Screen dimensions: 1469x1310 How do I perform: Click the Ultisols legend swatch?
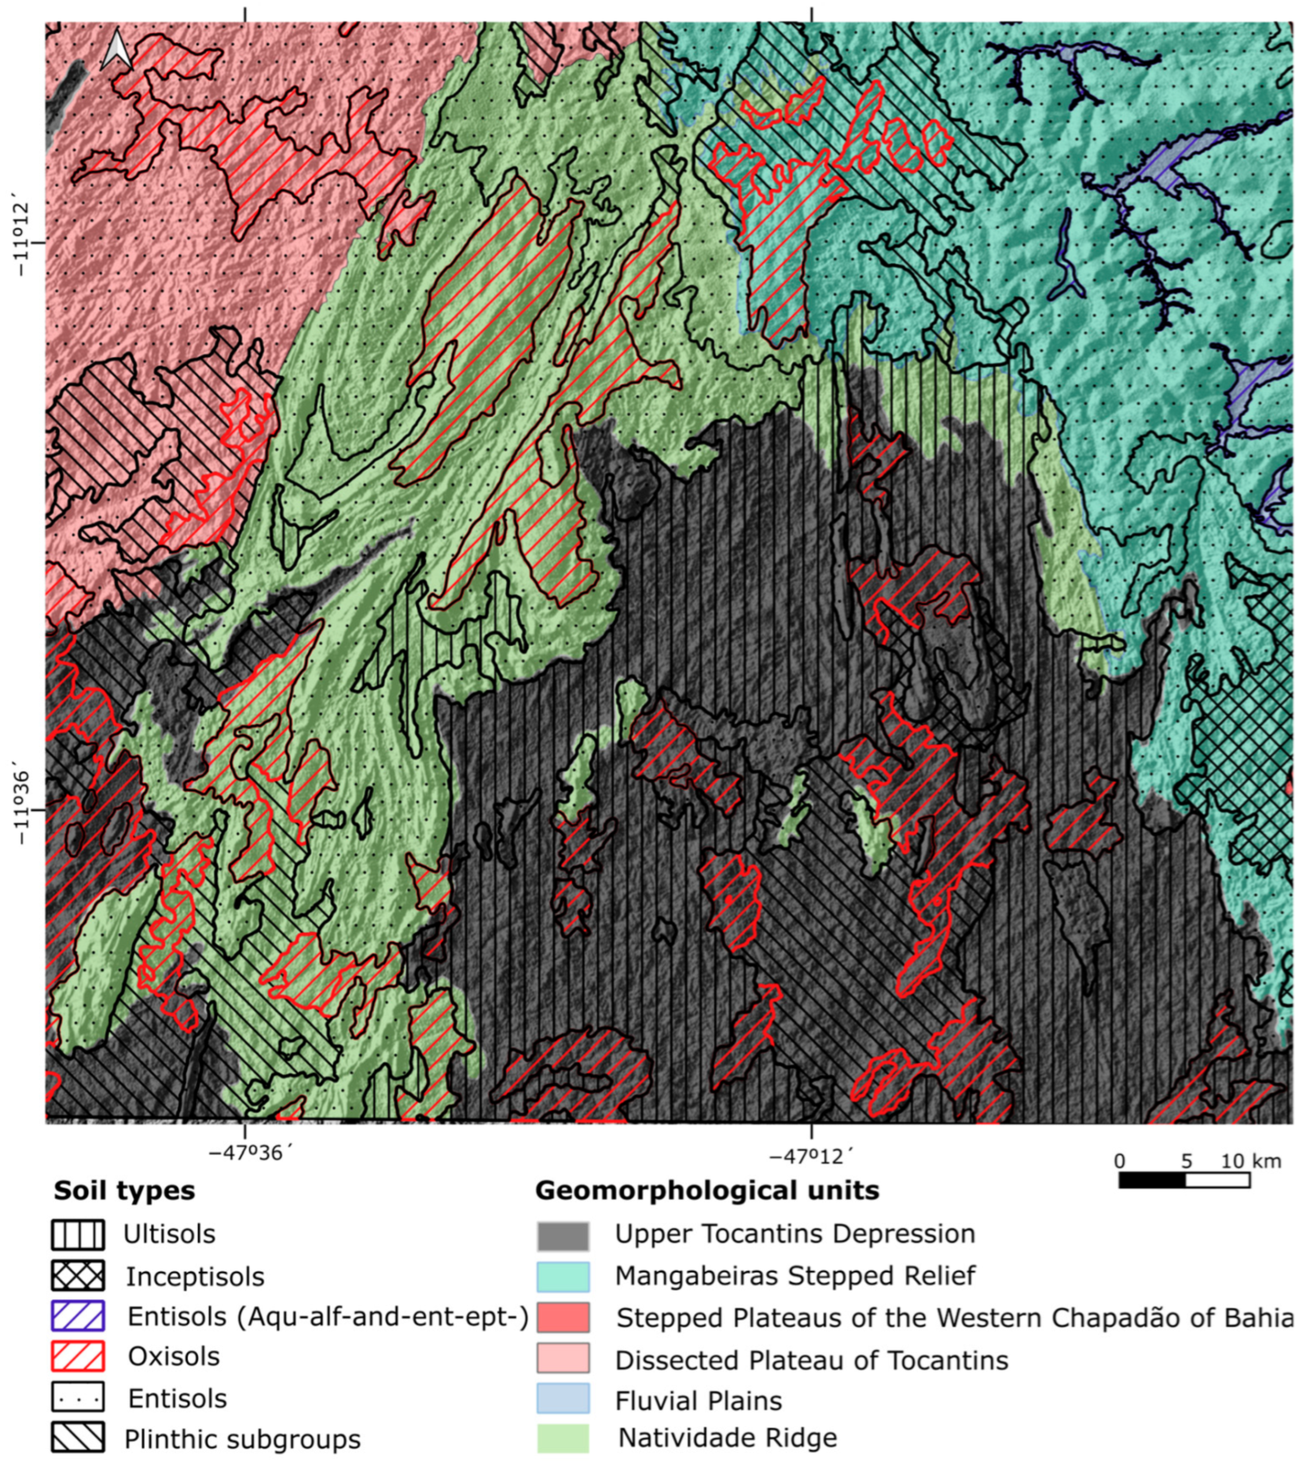78,1235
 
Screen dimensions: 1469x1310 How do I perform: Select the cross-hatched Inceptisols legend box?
78,1276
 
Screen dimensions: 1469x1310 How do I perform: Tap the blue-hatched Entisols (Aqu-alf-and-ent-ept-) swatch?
78,1316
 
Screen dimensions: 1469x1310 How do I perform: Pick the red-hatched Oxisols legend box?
78,1357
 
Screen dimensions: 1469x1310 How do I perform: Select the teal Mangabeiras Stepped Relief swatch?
563,1277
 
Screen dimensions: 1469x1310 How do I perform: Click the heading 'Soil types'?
124,1191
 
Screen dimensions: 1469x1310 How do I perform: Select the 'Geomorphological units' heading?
707,1191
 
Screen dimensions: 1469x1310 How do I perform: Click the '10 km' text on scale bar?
1252,1161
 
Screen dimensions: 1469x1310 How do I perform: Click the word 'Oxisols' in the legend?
174,1357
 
